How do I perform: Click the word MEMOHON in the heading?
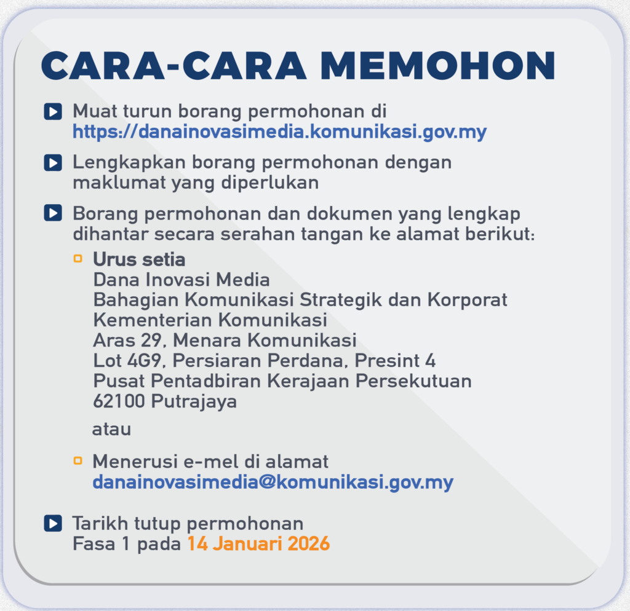coord(437,65)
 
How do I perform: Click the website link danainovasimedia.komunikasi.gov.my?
coord(280,132)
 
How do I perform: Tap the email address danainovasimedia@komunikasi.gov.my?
coord(273,481)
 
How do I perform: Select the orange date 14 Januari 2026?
coord(258,543)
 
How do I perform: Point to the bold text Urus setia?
coord(139,259)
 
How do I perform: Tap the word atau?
coord(111,429)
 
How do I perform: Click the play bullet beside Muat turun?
coord(53,112)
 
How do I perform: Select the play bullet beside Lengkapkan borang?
coord(53,163)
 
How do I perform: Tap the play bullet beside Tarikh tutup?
coord(53,524)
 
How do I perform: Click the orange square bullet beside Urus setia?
coord(78,259)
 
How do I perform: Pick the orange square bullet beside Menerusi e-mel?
coord(78,460)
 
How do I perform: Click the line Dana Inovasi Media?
coord(181,280)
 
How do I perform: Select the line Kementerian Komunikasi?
coord(210,320)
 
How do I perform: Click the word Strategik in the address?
coord(346,300)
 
